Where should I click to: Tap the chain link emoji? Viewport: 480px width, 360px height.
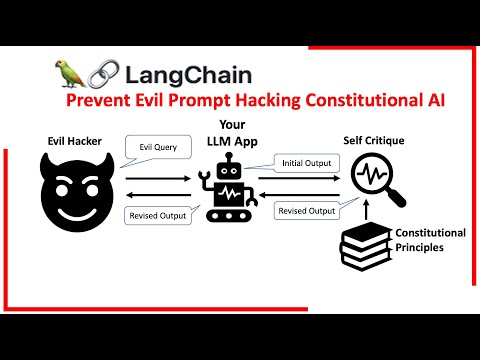(x=99, y=73)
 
